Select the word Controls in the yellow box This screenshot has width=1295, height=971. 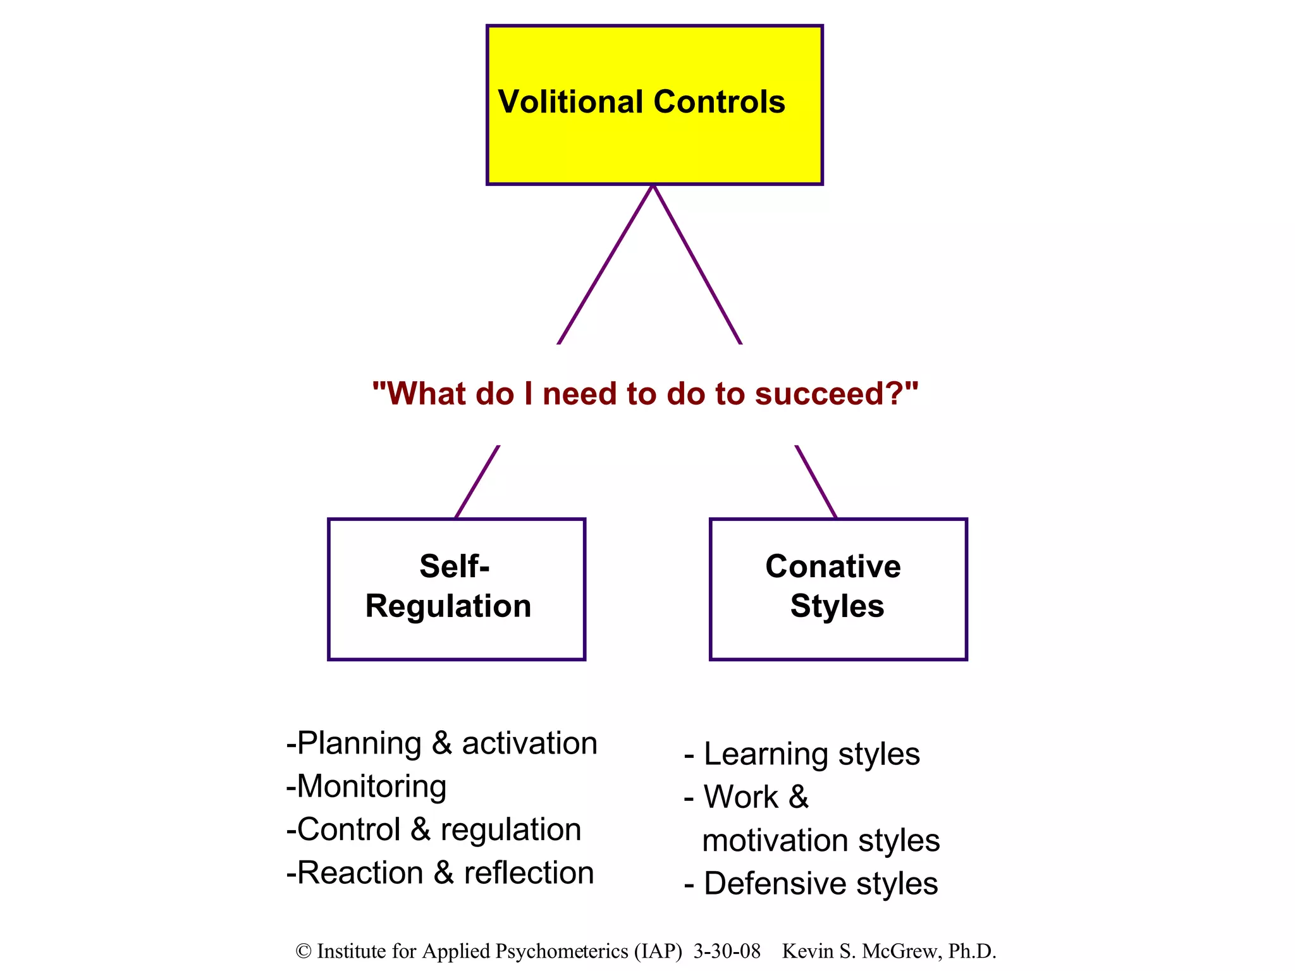coord(719,102)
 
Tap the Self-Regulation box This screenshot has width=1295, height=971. coord(456,589)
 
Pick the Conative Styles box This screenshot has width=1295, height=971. coord(838,589)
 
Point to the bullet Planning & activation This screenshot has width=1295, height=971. coord(441,743)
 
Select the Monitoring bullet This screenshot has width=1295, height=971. coord(367,787)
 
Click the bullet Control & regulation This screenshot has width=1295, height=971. coord(434,830)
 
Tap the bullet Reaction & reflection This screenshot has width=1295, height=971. coord(440,873)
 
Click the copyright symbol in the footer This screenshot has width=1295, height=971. coord(304,951)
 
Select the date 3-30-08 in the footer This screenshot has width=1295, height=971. coord(727,951)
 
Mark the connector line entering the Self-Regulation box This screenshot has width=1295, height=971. coord(477,482)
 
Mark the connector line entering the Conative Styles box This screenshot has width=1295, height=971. coord(816,482)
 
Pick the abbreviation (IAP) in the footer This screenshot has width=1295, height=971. coord(658,951)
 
